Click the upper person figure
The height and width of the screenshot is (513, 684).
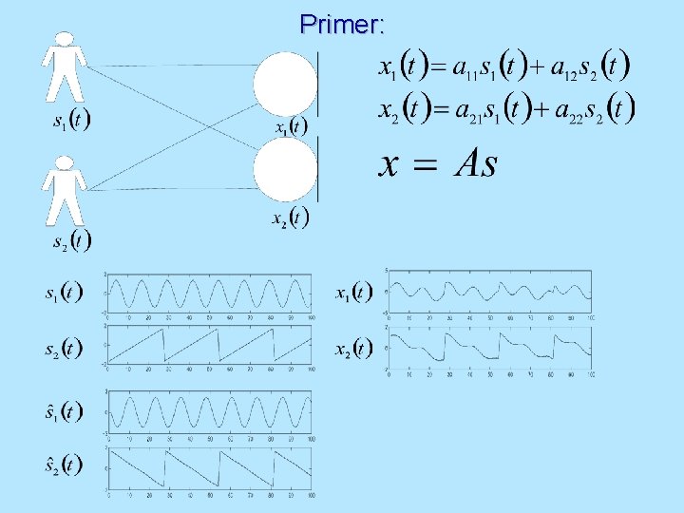pos(64,66)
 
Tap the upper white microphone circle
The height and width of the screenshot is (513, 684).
pos(284,84)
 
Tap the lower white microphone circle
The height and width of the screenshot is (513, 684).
pos(284,170)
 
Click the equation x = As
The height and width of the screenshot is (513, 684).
pos(438,164)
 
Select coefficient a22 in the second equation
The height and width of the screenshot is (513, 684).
pos(574,110)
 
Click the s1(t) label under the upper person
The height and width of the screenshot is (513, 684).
pos(71,123)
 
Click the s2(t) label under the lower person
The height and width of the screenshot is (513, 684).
pos(71,239)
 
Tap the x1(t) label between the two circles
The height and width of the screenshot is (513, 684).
pos(291,127)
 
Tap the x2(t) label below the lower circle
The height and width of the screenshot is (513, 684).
pos(290,219)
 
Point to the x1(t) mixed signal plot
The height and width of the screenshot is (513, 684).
pos(491,292)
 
